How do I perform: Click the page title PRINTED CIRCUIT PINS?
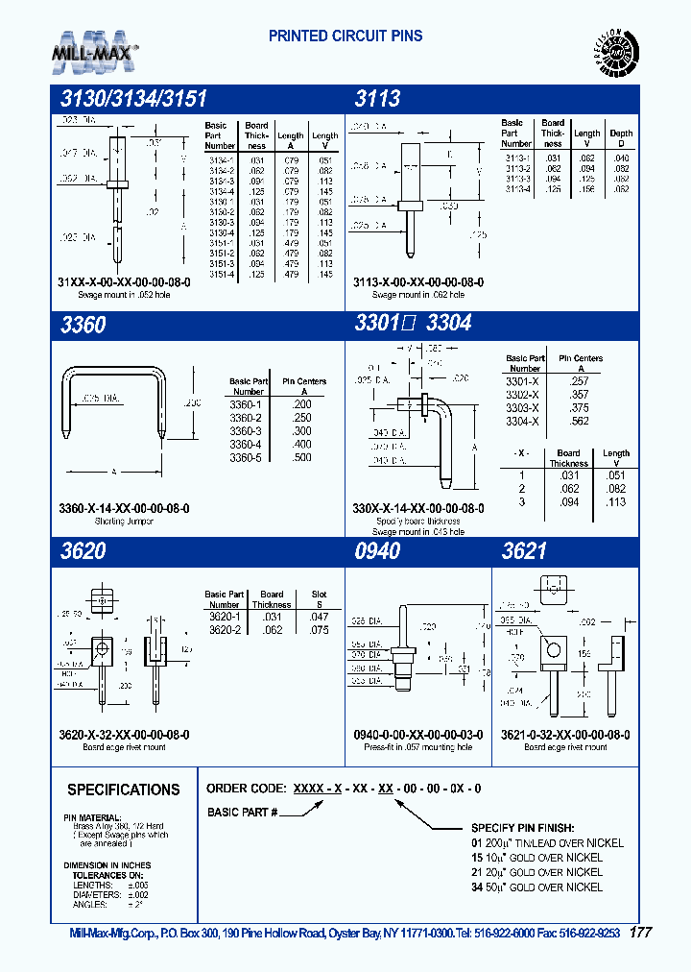tap(345, 36)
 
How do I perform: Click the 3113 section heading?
tap(377, 98)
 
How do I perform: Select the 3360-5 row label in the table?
tap(246, 457)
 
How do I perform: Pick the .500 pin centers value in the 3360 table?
tap(301, 457)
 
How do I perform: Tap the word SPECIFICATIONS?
tap(123, 790)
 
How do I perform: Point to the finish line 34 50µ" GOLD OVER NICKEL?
tap(536, 887)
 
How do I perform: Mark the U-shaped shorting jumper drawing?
tap(114, 403)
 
